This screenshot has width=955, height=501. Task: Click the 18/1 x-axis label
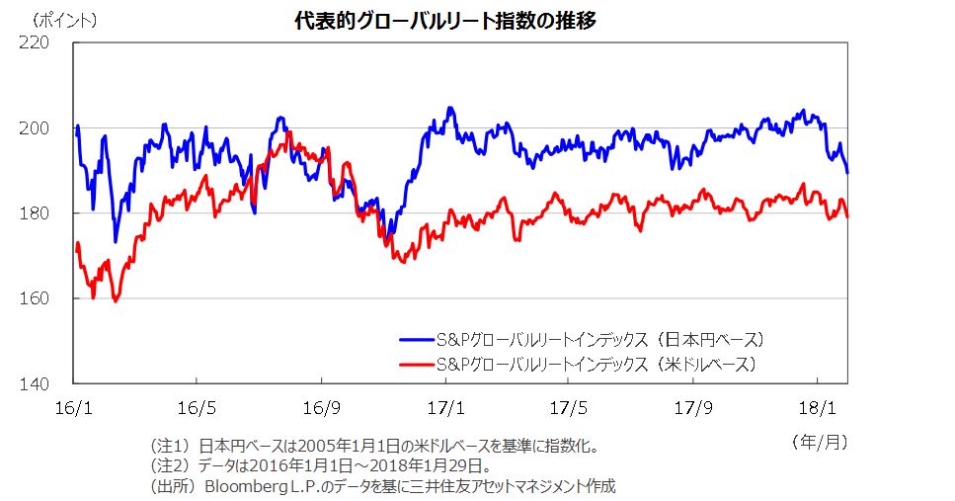817,405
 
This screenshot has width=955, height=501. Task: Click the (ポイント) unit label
64,20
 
